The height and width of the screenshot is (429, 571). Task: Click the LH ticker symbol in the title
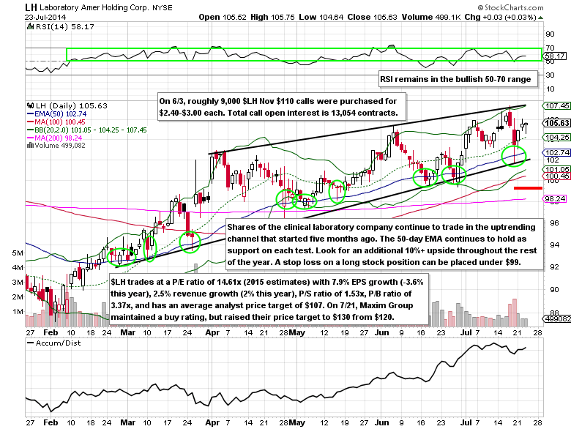click(32, 7)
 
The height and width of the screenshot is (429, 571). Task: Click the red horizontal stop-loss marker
click(526, 188)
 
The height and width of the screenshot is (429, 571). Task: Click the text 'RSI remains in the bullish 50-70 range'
click(458, 79)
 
